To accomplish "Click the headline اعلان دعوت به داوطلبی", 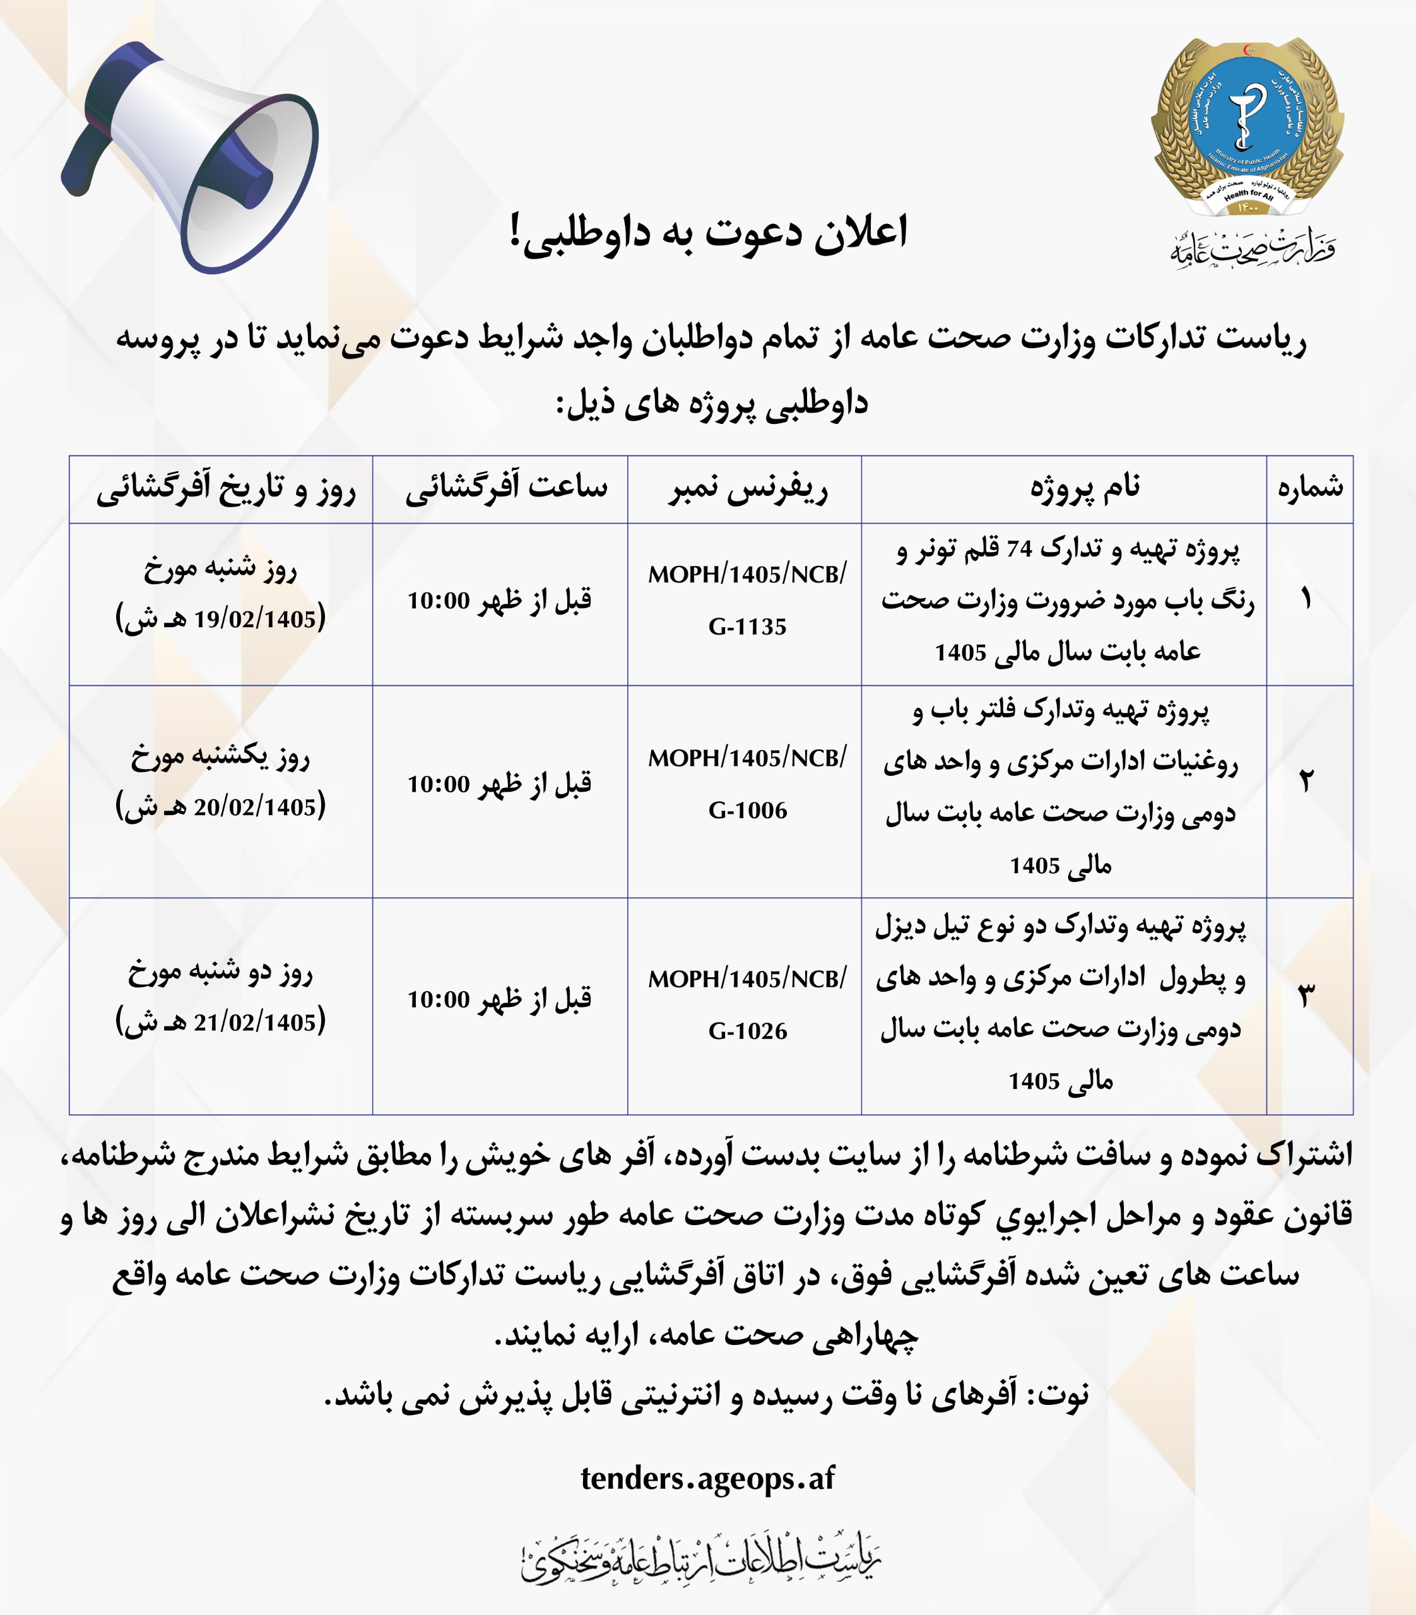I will (x=709, y=233).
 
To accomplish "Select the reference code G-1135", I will (x=748, y=627).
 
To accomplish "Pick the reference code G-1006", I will (x=748, y=811).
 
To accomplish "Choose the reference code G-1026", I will (x=748, y=1031).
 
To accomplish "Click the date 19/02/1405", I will (x=254, y=620).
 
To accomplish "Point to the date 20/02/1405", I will (x=254, y=807).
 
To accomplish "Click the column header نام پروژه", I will (x=1084, y=488).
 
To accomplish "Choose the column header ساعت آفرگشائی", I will (x=507, y=487).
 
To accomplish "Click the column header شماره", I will (x=1310, y=488).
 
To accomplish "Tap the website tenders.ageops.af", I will (x=708, y=1478).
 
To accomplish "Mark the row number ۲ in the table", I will (x=1306, y=782).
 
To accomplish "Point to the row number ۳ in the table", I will (x=1306, y=997).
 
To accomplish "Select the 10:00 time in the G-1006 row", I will (x=439, y=785).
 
